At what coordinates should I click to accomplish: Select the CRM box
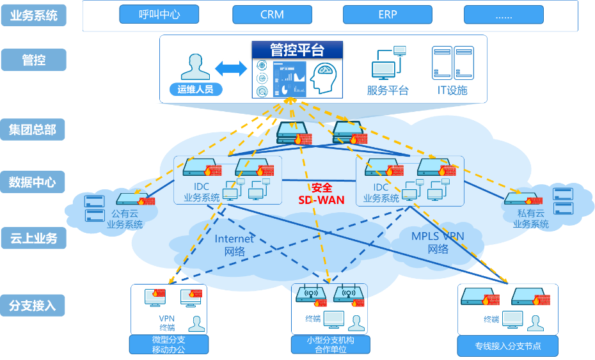pos(272,15)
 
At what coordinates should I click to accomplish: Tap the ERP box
pos(388,15)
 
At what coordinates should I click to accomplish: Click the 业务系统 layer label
pos(33,16)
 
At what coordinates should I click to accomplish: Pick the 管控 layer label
pos(33,60)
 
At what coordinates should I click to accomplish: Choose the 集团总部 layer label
pos(33,130)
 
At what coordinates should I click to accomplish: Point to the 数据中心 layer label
pos(33,182)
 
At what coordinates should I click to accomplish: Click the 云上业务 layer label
pos(33,239)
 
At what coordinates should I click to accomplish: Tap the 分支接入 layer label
pos(33,306)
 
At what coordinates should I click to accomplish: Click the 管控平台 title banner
pos(297,50)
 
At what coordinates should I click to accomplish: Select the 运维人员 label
pos(196,90)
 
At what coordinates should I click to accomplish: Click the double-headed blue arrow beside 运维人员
pos(231,68)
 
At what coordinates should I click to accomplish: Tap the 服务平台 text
pos(388,90)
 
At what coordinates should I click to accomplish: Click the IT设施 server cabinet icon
pos(452,63)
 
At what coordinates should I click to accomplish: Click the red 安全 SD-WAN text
pos(322,194)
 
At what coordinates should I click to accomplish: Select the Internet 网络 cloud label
pos(234,245)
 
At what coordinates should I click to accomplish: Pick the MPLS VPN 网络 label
pos(438,242)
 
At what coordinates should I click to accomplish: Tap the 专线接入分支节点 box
pos(508,346)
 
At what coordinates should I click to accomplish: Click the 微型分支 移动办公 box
pos(169,345)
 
